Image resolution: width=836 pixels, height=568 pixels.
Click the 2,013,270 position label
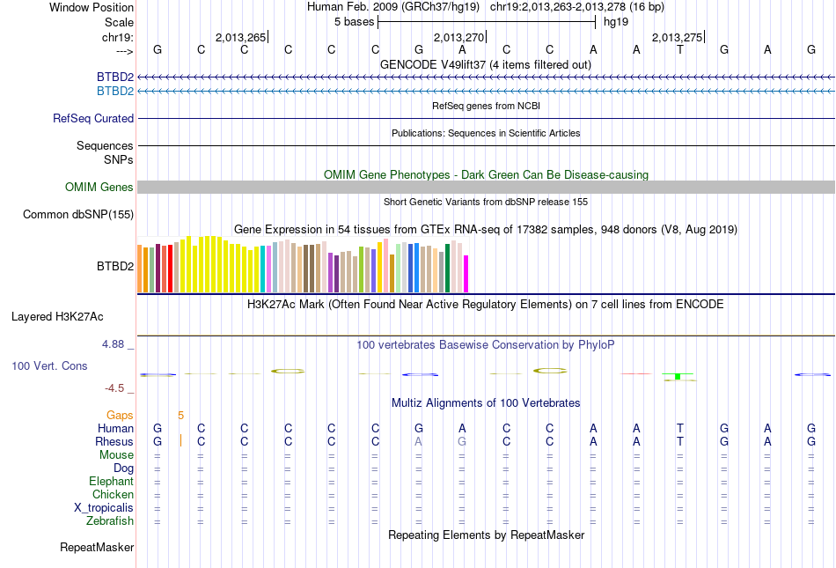(458, 37)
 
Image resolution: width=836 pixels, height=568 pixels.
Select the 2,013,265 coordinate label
(239, 37)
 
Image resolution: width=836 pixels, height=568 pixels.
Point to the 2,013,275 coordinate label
(677, 37)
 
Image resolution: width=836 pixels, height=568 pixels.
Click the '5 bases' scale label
(354, 21)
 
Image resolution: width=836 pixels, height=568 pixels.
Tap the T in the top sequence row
(679, 49)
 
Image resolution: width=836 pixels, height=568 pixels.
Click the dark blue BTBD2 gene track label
(115, 77)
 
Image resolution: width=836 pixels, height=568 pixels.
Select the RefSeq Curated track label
(93, 118)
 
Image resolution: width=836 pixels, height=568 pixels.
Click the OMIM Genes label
(99, 187)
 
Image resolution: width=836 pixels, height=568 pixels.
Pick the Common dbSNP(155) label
(78, 214)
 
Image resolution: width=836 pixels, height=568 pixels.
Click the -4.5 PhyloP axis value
(116, 387)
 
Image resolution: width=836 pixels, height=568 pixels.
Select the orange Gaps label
(120, 415)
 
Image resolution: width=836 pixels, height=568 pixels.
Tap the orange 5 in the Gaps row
(180, 415)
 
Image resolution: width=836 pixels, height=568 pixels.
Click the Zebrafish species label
(110, 520)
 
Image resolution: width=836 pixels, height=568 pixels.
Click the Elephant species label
(111, 481)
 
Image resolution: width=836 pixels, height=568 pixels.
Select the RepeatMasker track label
(97, 548)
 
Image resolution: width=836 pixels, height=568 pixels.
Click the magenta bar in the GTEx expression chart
(466, 273)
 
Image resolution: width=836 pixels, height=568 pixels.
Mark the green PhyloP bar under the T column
(678, 376)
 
